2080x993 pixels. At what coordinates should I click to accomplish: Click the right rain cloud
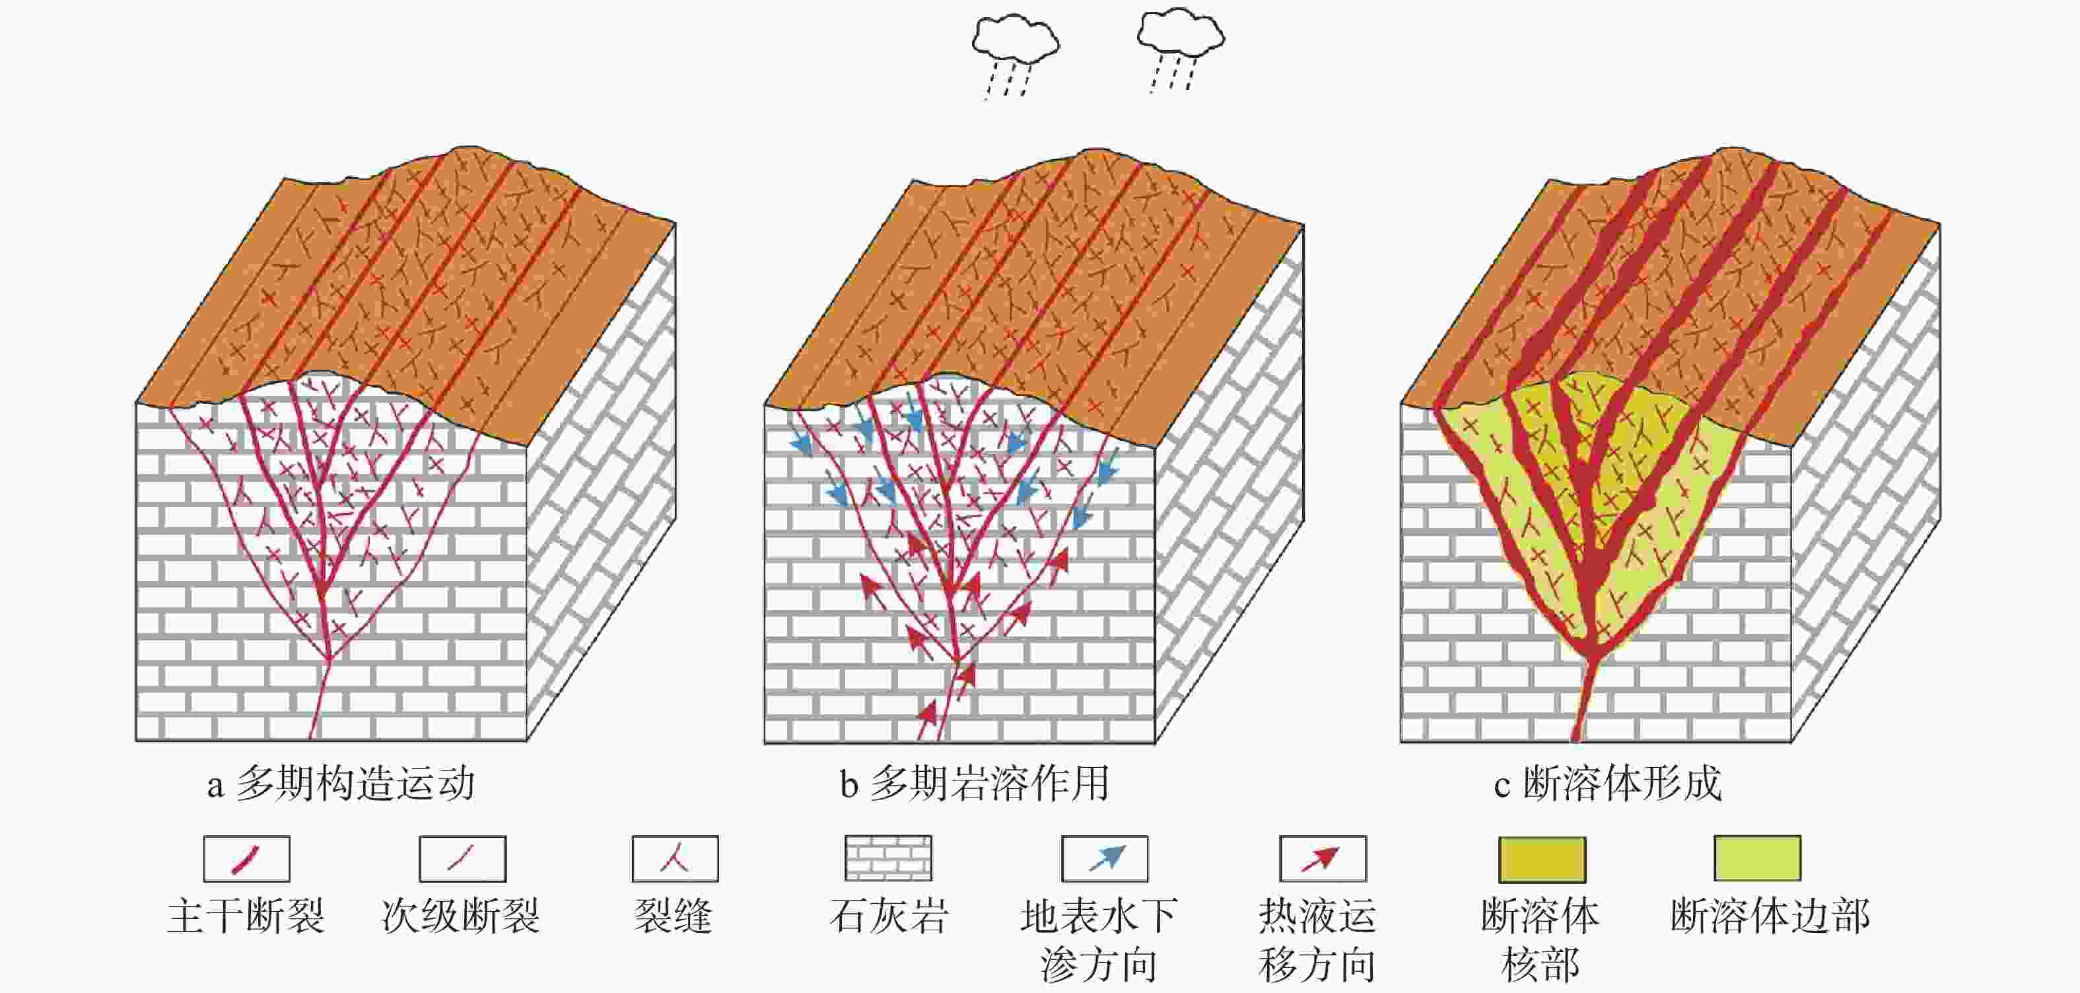click(x=1180, y=34)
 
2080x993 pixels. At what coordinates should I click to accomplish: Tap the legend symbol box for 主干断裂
click(x=246, y=858)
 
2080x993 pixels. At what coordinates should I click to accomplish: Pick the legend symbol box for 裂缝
click(x=674, y=858)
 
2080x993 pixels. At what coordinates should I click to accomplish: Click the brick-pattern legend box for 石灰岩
click(x=887, y=858)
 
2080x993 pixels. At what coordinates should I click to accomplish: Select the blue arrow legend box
click(x=1104, y=858)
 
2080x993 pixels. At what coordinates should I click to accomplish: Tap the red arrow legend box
click(x=1322, y=858)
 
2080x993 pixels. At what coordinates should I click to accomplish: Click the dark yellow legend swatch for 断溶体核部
click(x=1541, y=859)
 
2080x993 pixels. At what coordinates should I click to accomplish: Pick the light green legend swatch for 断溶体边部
click(x=1757, y=858)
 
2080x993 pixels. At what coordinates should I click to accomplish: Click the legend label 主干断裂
click(x=246, y=917)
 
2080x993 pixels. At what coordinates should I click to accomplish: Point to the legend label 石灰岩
click(x=887, y=917)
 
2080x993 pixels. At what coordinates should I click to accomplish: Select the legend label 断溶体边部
click(x=1770, y=917)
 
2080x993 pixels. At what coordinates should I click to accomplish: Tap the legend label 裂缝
click(x=673, y=917)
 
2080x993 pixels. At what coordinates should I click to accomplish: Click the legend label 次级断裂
click(x=460, y=917)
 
